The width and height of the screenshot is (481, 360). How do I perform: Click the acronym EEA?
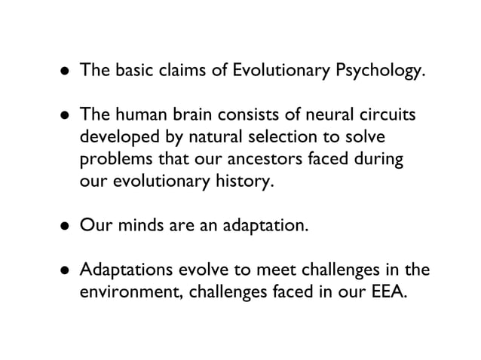(384, 292)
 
